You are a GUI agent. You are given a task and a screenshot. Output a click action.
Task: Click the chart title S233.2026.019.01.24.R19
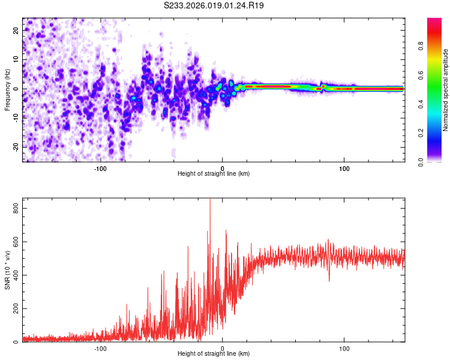[214, 5]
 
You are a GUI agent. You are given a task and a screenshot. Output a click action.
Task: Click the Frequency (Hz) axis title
[7, 90]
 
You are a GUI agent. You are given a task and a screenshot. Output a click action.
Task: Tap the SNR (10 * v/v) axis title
[7, 272]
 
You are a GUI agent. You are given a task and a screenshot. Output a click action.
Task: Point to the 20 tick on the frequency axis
[16, 30]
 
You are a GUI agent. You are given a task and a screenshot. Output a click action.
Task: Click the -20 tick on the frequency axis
[14, 147]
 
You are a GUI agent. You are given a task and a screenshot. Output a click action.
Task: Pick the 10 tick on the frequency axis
[16, 59]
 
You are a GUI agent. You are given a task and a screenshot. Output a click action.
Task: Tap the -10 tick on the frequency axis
[14, 118]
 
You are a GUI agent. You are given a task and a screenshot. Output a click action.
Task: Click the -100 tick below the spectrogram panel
[100, 168]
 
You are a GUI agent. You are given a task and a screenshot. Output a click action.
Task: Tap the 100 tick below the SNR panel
[344, 348]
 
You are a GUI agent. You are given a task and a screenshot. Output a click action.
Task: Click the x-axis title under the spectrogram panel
[214, 174]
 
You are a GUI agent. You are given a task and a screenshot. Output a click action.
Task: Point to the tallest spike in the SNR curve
[209, 200]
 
